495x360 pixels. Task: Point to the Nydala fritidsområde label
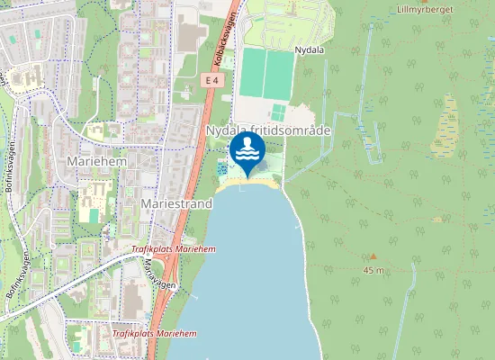click(268, 131)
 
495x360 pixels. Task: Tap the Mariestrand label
click(176, 204)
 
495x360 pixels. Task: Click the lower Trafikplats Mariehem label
click(154, 334)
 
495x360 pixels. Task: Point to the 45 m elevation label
click(373, 270)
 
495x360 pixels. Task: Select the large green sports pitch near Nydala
click(266, 74)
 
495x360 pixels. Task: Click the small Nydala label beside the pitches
click(308, 50)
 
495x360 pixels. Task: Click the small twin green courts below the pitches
click(279, 113)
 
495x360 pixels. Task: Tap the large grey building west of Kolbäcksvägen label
click(191, 37)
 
